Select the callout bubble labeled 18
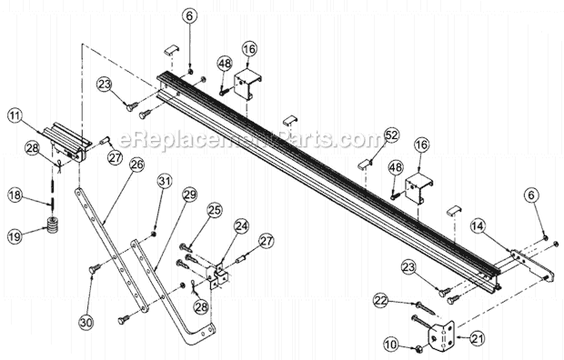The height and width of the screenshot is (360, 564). click(15, 195)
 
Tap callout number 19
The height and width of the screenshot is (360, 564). click(15, 236)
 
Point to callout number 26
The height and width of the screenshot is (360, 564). click(136, 164)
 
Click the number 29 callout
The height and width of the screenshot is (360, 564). click(189, 194)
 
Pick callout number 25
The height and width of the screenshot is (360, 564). click(214, 210)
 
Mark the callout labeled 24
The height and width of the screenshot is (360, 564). click(241, 225)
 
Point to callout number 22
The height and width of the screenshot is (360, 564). click(380, 299)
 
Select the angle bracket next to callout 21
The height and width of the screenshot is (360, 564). click(442, 335)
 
